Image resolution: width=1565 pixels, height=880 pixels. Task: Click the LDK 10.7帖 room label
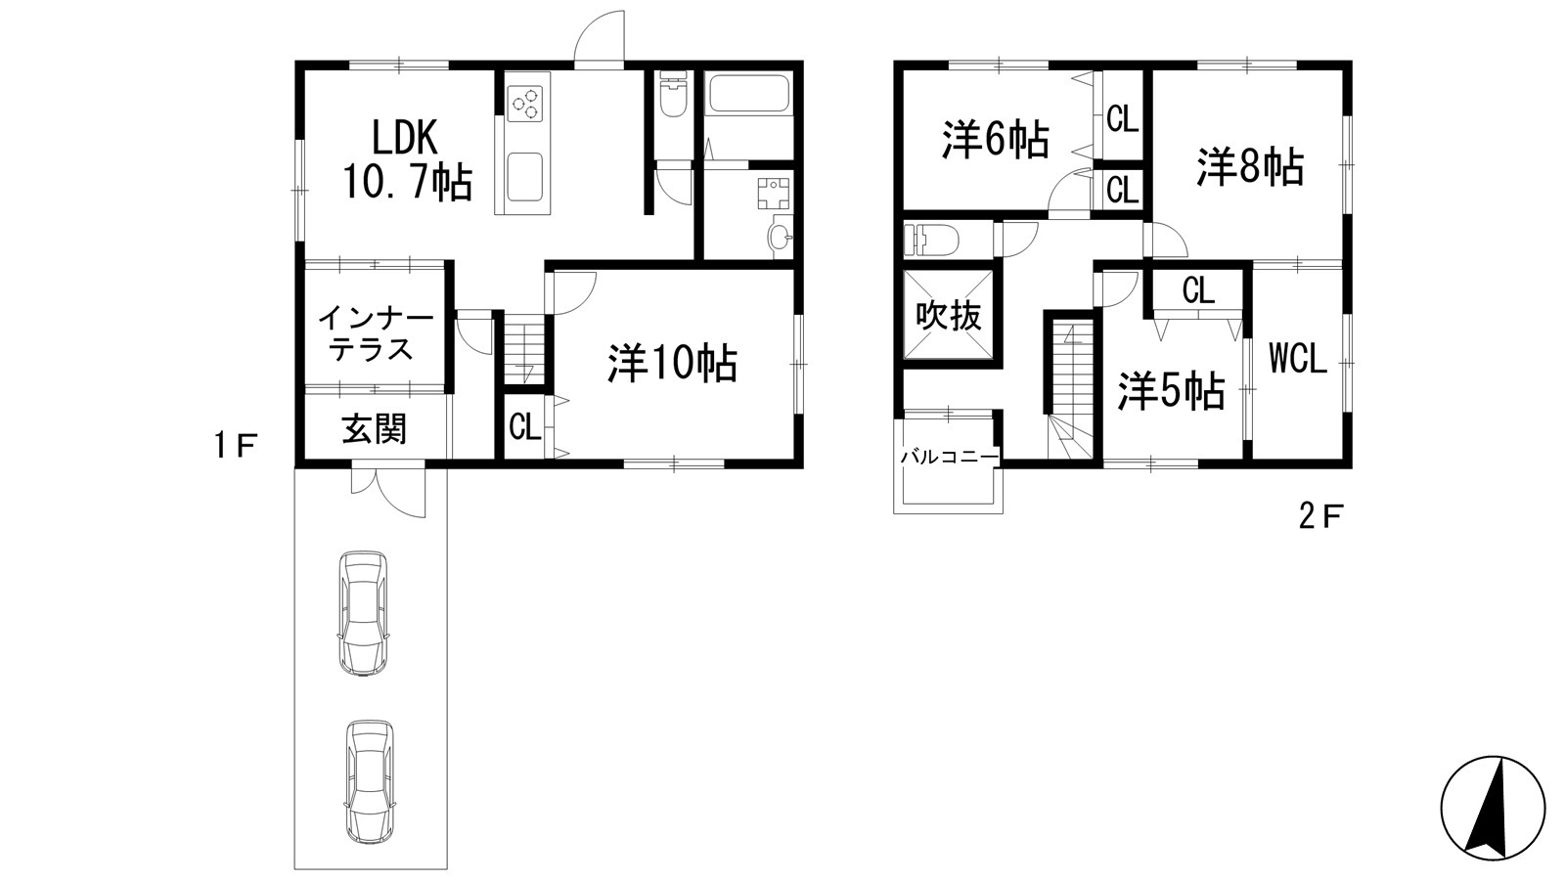(406, 159)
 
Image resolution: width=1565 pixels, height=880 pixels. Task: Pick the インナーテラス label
(375, 332)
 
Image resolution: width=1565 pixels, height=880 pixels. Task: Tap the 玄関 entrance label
(374, 428)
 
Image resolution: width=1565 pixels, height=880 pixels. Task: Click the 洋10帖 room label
(671, 364)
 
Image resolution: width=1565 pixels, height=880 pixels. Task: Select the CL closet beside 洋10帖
(525, 426)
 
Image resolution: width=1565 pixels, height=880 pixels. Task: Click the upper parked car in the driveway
(363, 613)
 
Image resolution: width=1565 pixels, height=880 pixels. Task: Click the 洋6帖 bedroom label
(996, 140)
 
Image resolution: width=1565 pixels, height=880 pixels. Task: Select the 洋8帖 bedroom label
(1250, 167)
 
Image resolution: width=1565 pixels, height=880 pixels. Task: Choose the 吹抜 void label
(948, 316)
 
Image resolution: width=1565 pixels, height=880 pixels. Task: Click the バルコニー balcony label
(949, 457)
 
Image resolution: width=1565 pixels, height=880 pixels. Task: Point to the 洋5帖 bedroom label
(1171, 391)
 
